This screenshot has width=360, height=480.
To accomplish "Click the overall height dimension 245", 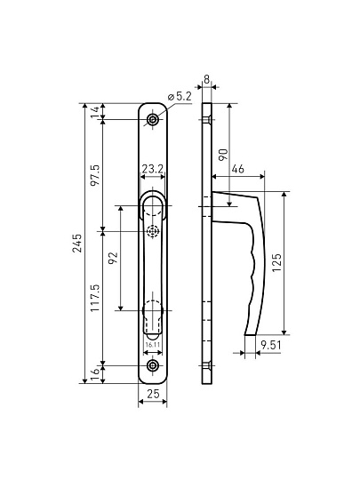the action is (76, 243).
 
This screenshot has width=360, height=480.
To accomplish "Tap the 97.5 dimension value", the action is (95, 175).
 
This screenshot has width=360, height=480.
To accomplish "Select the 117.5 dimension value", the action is (95, 298).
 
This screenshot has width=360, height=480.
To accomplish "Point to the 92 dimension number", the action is (113, 259).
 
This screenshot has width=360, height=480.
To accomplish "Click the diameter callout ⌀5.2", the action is (180, 97).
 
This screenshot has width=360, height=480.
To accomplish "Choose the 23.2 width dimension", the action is (153, 169).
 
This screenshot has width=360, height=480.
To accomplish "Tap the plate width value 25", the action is (153, 394).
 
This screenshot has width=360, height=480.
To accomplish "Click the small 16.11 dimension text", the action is (153, 344).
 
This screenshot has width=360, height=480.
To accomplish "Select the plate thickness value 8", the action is (207, 80).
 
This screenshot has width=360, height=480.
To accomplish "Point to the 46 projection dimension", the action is (238, 169).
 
